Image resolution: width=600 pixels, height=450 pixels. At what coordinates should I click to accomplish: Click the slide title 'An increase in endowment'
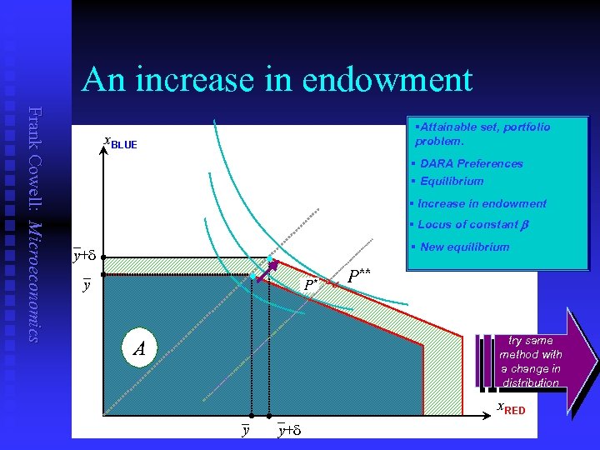click(x=277, y=80)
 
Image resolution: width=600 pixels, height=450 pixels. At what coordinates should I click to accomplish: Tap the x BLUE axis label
click(x=119, y=143)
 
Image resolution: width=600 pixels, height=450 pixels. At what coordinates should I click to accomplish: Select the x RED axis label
click(x=511, y=408)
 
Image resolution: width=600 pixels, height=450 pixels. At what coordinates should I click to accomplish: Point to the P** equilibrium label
click(x=359, y=275)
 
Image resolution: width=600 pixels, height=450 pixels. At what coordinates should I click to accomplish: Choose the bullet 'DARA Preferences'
click(x=471, y=164)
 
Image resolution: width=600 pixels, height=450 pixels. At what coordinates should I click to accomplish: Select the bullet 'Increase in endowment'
click(x=482, y=203)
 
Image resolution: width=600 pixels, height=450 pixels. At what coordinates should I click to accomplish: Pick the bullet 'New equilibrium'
click(x=464, y=247)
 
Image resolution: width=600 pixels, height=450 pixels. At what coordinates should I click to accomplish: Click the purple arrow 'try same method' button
click(x=533, y=361)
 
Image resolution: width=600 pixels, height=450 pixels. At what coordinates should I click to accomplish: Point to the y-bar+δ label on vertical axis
click(x=85, y=255)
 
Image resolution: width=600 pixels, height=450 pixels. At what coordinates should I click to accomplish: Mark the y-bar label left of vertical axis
click(x=87, y=285)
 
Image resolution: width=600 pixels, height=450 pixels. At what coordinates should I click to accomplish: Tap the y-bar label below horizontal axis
click(x=245, y=430)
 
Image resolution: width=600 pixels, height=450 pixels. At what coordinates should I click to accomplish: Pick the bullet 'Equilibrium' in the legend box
click(x=451, y=182)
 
